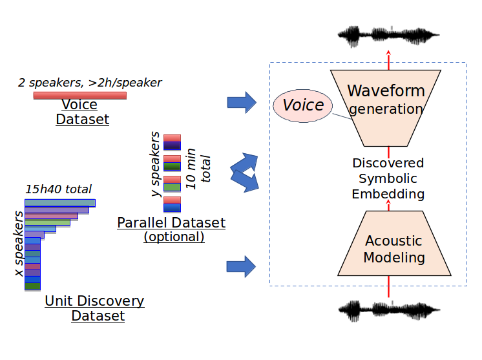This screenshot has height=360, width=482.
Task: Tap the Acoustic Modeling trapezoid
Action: pos(394,249)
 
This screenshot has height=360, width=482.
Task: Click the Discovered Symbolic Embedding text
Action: pos(388,178)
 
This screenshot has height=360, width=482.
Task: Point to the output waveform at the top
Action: pos(388,36)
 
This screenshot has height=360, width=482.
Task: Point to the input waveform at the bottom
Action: pos(388,311)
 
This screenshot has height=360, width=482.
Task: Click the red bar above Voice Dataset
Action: pos(79,96)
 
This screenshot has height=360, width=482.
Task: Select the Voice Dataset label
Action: pos(79,112)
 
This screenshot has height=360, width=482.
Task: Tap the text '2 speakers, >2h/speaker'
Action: pos(90,82)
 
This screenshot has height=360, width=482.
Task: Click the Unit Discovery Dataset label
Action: pos(94,308)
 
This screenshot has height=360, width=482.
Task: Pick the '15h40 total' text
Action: pos(58,189)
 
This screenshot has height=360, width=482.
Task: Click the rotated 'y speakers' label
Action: pos(155,165)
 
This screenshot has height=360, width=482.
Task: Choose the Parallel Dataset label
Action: pos(171,223)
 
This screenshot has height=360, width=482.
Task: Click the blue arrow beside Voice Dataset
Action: pos(238,102)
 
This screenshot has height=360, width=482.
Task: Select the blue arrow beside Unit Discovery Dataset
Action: pos(238,265)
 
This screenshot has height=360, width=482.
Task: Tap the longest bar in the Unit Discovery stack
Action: pos(60,203)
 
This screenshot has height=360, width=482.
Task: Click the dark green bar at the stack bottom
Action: pos(33,286)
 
